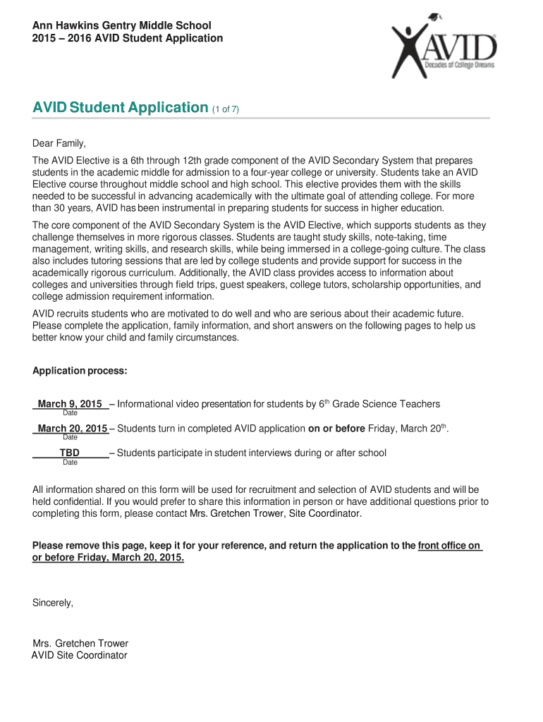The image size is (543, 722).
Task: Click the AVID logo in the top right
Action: [444, 49]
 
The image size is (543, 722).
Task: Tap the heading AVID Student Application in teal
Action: [120, 107]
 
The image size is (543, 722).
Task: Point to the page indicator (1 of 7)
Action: [226, 109]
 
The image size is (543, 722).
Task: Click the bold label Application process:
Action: [80, 371]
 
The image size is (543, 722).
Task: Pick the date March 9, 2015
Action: [70, 404]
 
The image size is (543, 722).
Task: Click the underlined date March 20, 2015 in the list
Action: [72, 429]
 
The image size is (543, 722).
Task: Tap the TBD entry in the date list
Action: [69, 453]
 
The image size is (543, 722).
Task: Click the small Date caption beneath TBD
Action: [70, 463]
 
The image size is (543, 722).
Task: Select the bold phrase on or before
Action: [336, 429]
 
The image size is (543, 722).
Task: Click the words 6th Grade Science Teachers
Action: [379, 404]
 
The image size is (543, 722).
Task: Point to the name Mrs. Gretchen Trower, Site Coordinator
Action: [276, 514]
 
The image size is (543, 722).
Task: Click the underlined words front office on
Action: [449, 546]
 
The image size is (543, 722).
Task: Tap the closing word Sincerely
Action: [53, 603]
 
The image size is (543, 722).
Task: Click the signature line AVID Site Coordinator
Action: [80, 655]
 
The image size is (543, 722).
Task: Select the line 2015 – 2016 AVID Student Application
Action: [128, 38]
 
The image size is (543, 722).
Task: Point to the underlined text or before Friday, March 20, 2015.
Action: [109, 558]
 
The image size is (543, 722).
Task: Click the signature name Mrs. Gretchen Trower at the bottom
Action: [80, 644]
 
